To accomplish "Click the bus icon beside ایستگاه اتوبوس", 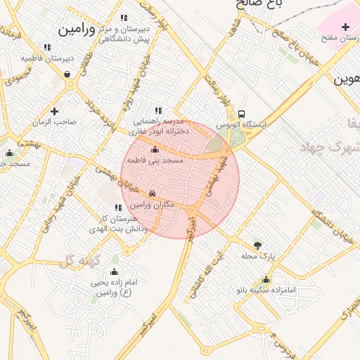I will coord(242,113).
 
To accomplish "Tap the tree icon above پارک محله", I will coord(257,245).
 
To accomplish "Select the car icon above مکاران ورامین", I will coord(152,194).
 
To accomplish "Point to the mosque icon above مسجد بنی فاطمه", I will coord(155,150).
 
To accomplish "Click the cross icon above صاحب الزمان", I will coord(54,110).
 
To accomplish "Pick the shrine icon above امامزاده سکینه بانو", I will coord(266,279).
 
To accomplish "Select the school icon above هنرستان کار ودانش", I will coord(117,207).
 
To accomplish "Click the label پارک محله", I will coord(257,257).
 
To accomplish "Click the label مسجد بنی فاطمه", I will coord(155,161).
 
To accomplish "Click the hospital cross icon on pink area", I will coord(345,27).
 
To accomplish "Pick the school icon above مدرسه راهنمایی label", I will coord(158,110).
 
